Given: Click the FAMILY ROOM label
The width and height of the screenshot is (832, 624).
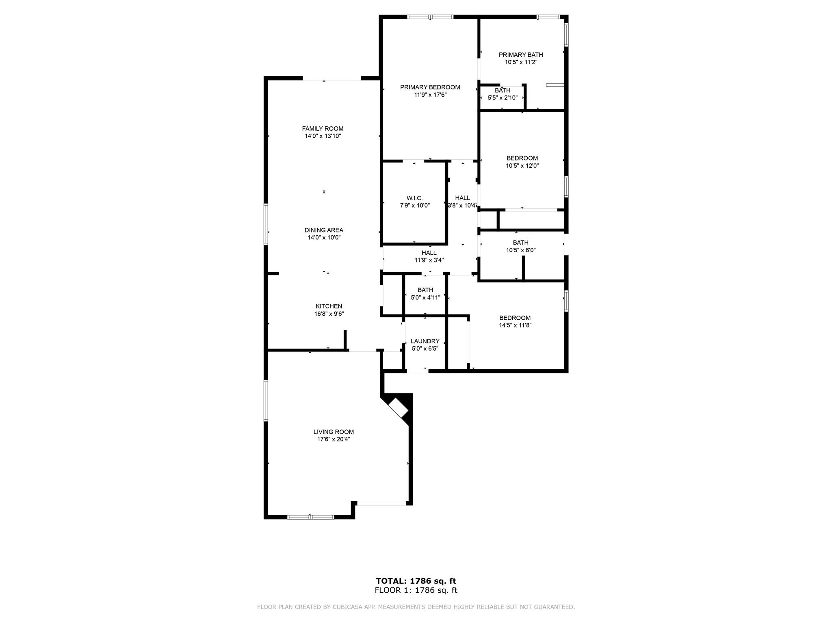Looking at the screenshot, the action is (323, 129).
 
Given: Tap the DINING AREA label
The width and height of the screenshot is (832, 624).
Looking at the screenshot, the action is (324, 230).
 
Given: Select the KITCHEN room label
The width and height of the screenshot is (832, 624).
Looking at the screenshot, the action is (329, 306).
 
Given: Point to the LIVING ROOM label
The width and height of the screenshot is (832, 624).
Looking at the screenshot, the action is (334, 432).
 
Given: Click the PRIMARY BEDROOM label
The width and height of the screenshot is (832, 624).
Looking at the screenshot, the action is (430, 87).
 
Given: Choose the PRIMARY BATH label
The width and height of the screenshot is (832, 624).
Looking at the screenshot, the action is (521, 55).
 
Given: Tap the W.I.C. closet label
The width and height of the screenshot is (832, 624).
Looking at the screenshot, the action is (414, 198).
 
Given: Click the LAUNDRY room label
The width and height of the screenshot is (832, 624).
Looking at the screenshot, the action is (425, 341).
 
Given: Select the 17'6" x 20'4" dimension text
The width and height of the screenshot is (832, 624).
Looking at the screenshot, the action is (334, 439).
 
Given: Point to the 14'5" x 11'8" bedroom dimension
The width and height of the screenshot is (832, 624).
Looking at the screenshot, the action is (515, 325).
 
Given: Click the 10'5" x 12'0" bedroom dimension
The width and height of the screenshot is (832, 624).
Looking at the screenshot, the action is (522, 165).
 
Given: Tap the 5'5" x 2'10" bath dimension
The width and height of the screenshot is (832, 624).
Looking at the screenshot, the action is (503, 97).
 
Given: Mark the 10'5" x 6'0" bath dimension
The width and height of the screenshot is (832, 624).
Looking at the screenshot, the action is (520, 250).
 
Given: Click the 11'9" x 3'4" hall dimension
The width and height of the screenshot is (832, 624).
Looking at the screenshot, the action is (429, 260).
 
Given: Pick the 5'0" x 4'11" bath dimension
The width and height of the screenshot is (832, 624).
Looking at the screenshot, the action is (425, 297).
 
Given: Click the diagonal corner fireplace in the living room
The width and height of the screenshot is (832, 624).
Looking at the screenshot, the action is (399, 407).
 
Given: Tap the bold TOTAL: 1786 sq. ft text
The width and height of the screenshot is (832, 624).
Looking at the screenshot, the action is (416, 581).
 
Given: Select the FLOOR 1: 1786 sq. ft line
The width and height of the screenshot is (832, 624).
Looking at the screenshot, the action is (416, 590).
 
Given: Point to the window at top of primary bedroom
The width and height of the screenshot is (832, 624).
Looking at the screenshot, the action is (430, 17).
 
